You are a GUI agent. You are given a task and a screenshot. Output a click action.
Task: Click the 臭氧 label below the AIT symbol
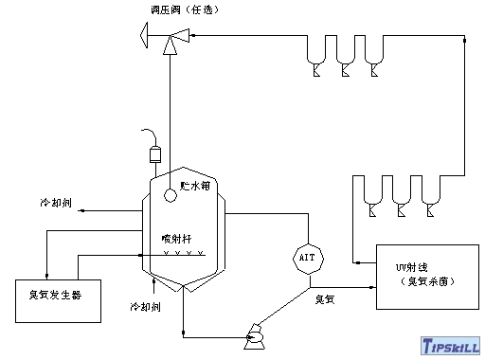coord(328,300)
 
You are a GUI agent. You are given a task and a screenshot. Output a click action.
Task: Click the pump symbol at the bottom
coord(255,334)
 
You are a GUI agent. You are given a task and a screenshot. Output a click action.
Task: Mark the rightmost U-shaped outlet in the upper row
coord(376,53)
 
